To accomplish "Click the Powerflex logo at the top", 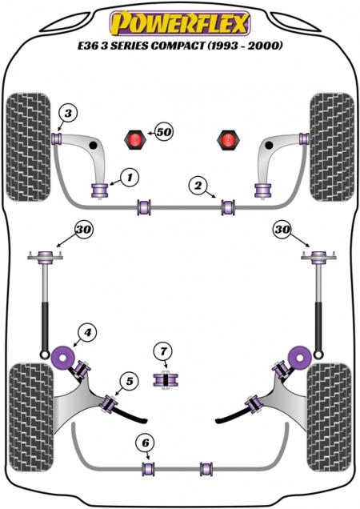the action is [x=180, y=23].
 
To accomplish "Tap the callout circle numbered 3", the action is [x=68, y=114].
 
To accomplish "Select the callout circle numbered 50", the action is [x=164, y=132].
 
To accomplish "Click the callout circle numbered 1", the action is [x=130, y=178].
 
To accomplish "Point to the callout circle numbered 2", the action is [x=198, y=186].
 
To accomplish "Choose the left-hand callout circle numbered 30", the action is [x=84, y=230].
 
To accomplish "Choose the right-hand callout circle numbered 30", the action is [x=282, y=230].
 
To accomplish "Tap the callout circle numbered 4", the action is [x=87, y=332].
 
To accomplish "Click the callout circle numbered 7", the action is [x=163, y=351].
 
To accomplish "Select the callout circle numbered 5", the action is [x=129, y=381].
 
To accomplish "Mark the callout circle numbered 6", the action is [x=146, y=443].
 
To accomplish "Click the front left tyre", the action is [x=29, y=147].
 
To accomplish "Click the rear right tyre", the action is [x=330, y=418].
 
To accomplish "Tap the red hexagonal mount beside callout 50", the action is [x=135, y=139].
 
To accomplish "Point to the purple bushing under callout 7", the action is [x=166, y=380].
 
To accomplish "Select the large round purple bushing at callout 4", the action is [x=63, y=358].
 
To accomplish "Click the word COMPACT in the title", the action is [x=178, y=46].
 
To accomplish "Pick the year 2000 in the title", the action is [x=262, y=46].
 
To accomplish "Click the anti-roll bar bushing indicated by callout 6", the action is [x=148, y=468].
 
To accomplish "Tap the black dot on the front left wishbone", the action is [x=93, y=145].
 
